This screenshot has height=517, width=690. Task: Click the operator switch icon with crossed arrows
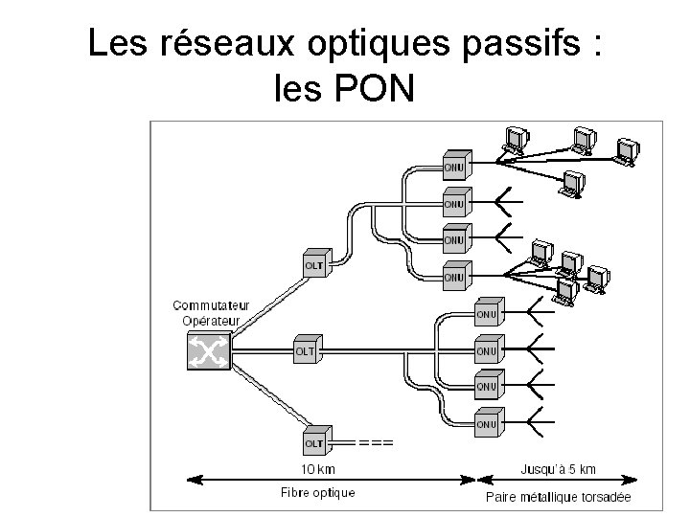point(208,353)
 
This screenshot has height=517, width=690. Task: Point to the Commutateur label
point(212,306)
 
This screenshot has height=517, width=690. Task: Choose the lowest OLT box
point(315,442)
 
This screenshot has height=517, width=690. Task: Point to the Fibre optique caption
point(318,492)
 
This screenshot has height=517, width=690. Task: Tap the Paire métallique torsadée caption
point(559,497)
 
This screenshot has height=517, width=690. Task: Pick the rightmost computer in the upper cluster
point(629,150)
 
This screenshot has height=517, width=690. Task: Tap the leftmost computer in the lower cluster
point(538,251)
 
